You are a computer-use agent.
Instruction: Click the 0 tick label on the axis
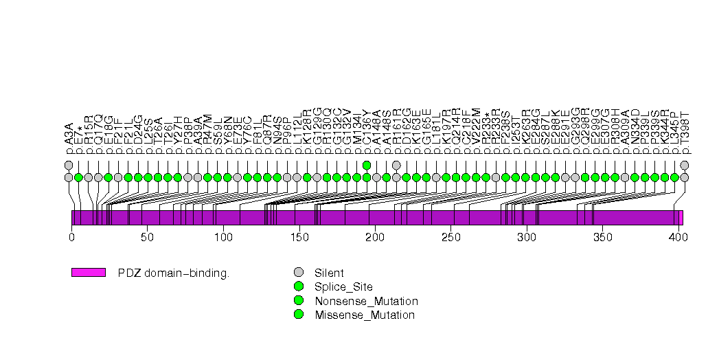point(71,238)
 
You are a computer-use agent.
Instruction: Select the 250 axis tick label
point(450,238)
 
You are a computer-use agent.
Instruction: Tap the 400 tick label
point(678,238)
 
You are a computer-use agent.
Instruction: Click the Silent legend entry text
point(329,273)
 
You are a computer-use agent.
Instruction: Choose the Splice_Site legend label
point(343,286)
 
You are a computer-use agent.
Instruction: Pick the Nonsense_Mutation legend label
point(366,301)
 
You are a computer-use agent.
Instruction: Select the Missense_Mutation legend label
point(365,315)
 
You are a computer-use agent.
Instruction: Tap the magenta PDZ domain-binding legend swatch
point(89,273)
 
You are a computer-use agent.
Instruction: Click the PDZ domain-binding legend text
point(174,273)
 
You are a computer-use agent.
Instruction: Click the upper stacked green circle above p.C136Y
point(367,165)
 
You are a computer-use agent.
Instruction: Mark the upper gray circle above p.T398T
point(685,165)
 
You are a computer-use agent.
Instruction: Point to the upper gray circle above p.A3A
point(69,165)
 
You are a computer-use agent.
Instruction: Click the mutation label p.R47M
point(208,132)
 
